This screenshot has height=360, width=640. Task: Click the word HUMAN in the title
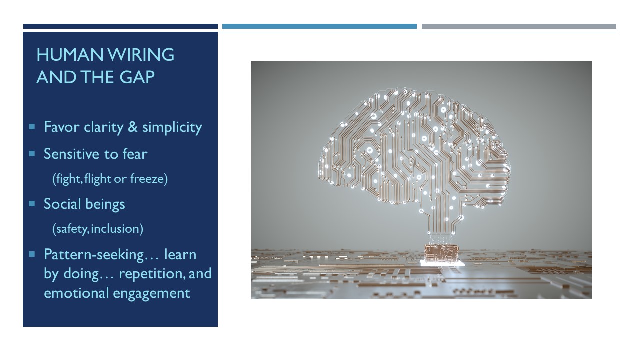click(70, 55)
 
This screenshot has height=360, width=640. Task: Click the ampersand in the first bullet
click(133, 127)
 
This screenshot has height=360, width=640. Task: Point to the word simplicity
click(172, 127)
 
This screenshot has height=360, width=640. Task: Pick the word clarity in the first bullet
click(103, 127)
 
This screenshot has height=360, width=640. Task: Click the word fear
click(135, 154)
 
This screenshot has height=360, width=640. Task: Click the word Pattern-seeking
click(94, 255)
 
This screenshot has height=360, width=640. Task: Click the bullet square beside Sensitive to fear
click(32, 154)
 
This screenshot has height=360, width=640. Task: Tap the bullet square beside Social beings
click(32, 203)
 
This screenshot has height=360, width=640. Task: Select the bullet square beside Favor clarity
click(32, 126)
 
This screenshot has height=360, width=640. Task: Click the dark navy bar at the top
click(120, 26)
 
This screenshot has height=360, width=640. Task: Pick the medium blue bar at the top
click(319, 26)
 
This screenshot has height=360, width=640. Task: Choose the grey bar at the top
click(519, 26)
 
